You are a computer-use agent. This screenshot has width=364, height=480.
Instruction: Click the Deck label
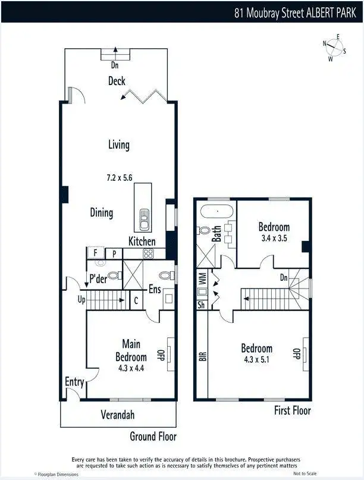click(117, 81)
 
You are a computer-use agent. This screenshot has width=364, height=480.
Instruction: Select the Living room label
click(118, 145)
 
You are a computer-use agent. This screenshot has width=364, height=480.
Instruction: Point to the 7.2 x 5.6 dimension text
click(118, 177)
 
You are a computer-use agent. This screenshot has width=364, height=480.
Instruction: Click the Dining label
click(102, 213)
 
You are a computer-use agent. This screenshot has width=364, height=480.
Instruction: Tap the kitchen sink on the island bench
click(143, 220)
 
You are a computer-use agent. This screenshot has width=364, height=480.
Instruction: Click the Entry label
click(74, 382)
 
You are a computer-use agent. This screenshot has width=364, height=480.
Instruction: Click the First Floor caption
click(292, 410)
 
